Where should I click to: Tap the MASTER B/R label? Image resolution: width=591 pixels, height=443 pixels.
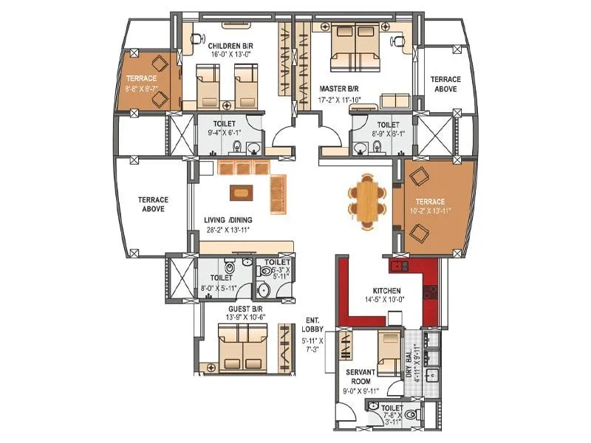[x=338, y=88]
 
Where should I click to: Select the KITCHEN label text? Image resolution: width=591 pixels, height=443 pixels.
[x=386, y=291]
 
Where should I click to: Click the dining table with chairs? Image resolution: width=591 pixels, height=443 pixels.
[x=367, y=199]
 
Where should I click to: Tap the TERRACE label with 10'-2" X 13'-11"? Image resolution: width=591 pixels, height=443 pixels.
[x=429, y=201]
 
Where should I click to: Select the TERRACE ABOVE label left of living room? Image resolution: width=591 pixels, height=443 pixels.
[x=154, y=205]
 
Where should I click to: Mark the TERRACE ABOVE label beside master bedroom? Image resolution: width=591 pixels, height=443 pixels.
[x=445, y=83]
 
